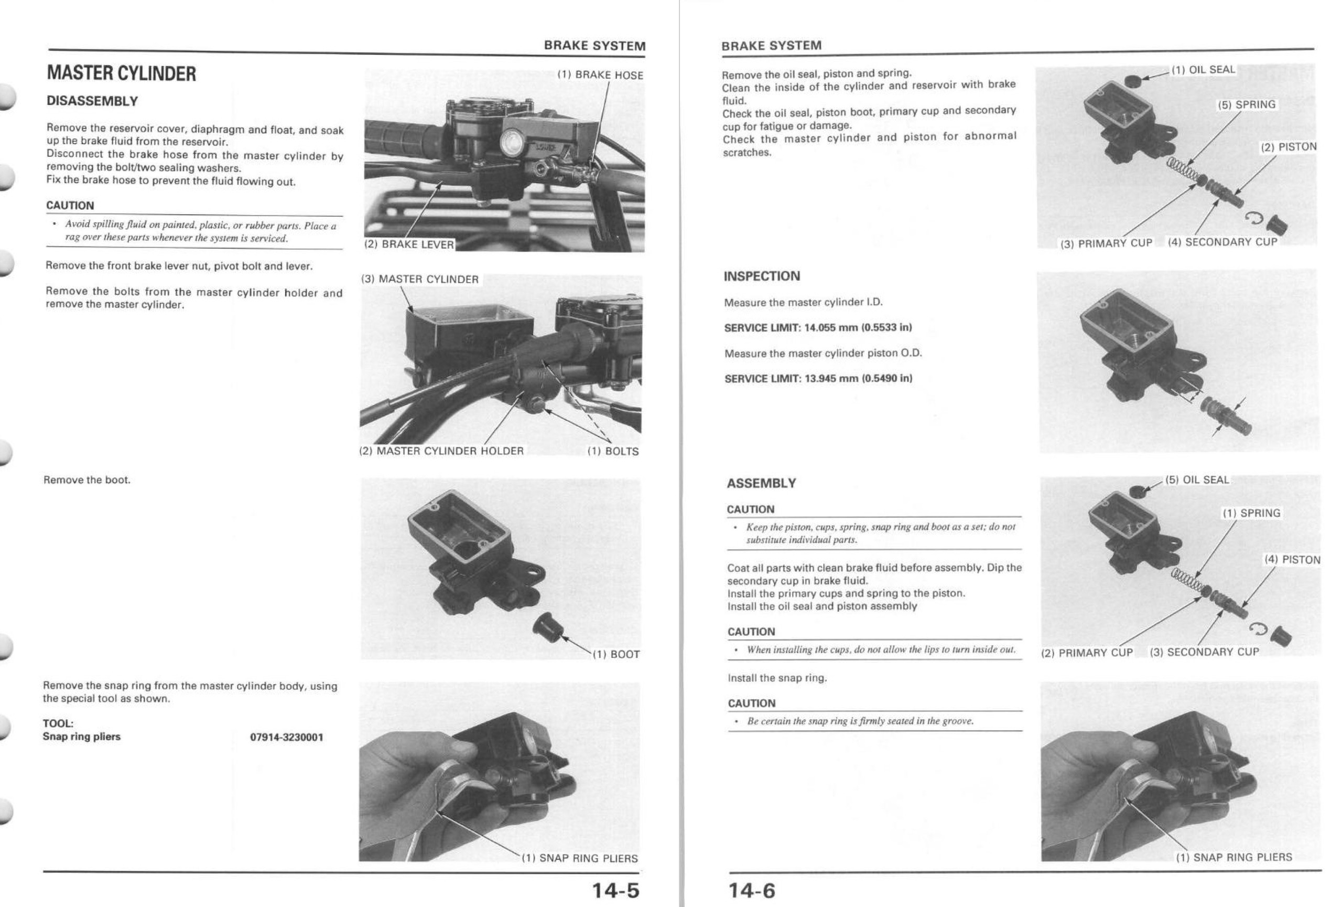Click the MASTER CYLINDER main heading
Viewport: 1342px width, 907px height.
click(121, 74)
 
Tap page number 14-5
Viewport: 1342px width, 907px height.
click(615, 890)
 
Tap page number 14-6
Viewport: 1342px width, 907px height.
click(751, 890)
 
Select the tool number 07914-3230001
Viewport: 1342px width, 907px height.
click(286, 737)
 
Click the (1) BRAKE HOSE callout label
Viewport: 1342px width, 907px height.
click(600, 75)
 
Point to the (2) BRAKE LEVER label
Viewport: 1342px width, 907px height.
click(409, 244)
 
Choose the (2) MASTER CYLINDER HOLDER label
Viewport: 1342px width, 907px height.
click(442, 451)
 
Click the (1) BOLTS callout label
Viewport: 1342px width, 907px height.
click(613, 452)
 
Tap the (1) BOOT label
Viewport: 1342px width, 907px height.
click(616, 655)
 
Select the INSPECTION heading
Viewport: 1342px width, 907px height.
click(762, 276)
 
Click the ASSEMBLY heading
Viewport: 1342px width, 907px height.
click(761, 484)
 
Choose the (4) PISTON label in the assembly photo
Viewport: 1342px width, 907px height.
click(1292, 560)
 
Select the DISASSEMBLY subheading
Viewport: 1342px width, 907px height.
click(92, 101)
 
